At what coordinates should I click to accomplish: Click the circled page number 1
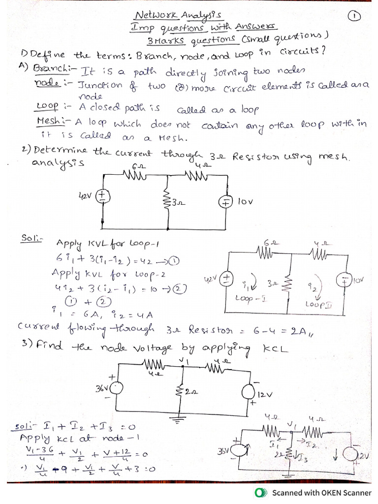[354, 16]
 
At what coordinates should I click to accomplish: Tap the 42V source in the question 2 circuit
[102, 196]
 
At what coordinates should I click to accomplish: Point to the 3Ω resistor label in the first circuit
[176, 202]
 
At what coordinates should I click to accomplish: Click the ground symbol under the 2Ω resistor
[178, 421]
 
